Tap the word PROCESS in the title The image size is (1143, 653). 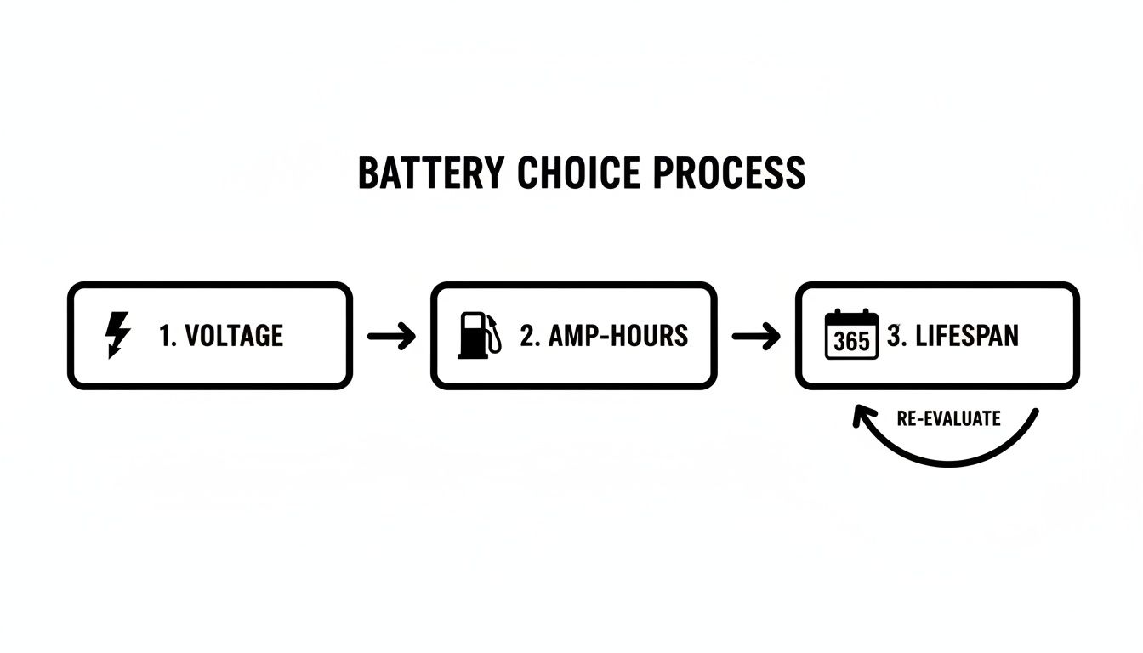pos(728,173)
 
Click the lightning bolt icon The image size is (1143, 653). pos(117,335)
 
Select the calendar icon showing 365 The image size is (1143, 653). pos(851,335)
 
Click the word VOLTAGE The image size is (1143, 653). pos(234,336)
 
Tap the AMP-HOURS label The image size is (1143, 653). pos(617,336)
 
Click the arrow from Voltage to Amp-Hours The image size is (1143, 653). pos(391,337)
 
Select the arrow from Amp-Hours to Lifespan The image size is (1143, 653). pos(755,337)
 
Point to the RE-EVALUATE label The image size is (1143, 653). pos(948,418)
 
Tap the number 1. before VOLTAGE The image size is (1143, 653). pos(168,336)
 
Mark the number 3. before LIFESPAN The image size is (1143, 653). pos(896,336)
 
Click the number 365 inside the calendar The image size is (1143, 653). pos(851,342)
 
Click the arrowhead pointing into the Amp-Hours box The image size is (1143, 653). pos(407,337)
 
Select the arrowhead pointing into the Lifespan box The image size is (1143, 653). pos(771,337)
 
